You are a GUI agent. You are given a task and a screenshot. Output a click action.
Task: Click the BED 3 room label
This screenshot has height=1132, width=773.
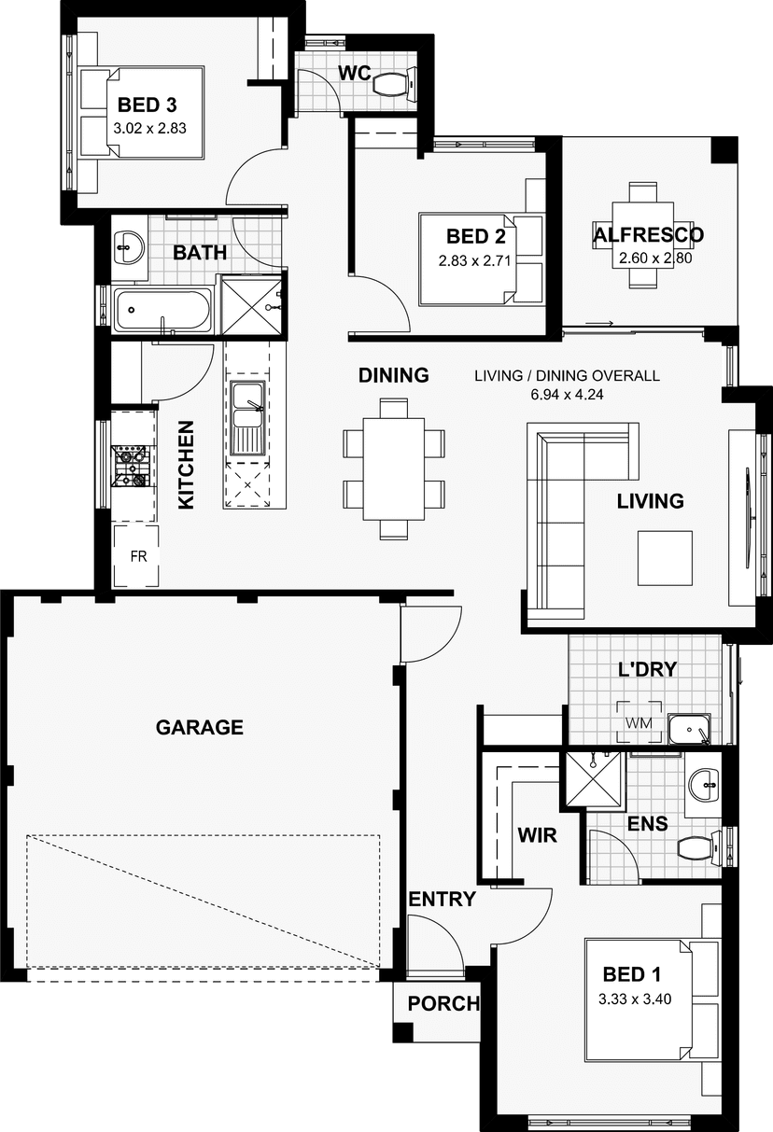coord(148,105)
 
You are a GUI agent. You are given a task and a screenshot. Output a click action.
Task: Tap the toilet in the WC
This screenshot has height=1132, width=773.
coord(394,83)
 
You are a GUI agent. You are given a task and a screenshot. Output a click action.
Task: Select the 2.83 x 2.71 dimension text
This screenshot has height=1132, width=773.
coord(474,261)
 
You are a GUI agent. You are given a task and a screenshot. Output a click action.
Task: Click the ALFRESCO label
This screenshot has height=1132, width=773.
coord(649,235)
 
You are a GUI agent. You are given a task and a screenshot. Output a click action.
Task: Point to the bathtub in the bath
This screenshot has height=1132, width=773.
coord(162,310)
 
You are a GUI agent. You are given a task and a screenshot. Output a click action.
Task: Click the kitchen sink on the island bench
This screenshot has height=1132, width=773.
coord(247,417)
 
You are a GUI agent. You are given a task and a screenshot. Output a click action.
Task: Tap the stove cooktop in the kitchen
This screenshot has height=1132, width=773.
coord(131,466)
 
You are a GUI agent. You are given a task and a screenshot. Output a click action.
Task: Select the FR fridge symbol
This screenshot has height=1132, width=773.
coord(135,556)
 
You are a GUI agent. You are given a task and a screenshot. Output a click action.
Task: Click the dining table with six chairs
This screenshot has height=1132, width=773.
coord(394,468)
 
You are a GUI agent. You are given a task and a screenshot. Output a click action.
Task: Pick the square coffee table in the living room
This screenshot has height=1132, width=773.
coord(665,558)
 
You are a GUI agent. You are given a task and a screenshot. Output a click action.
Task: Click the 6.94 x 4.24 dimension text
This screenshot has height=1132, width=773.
coord(567,394)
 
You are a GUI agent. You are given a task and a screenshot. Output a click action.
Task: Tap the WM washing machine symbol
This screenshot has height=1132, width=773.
coord(639,722)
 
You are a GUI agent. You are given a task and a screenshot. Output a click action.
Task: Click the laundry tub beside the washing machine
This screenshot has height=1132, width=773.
coord(690,729)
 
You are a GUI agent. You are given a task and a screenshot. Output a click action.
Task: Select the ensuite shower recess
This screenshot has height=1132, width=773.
coord(593,779)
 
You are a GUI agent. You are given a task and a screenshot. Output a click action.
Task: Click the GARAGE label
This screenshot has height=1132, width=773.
coord(199,727)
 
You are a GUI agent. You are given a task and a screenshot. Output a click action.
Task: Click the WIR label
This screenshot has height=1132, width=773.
coord(537,835)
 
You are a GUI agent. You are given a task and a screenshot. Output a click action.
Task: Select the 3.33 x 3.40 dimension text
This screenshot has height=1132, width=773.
coord(635,999)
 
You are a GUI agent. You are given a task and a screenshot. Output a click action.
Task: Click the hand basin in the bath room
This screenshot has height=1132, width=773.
coord(129,247)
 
